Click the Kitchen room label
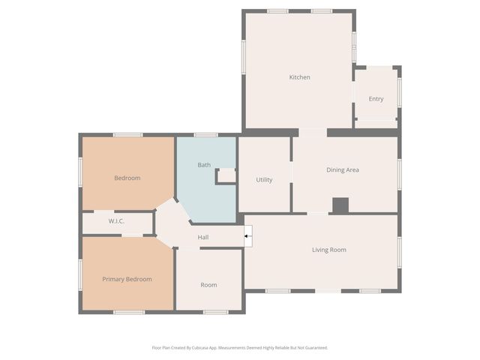pos(300,77)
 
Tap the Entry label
pos(376,99)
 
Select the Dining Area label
pos(343,170)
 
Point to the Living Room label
pos(329,250)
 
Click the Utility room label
pos(264,180)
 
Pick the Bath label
pos(204,165)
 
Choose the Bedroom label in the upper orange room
pos(127,178)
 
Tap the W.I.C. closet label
pos(116,221)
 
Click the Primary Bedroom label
pos(127,279)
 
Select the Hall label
pos(203,238)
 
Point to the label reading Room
pos(208,285)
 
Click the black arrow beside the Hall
pos(248,238)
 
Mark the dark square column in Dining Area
pos(340,205)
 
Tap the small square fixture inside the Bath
pos(226,175)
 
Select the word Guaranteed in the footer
pos(315,348)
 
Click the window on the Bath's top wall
pos(205,135)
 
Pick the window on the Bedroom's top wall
pos(127,135)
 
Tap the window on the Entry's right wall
pos(400,91)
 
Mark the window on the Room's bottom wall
pos(216,311)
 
